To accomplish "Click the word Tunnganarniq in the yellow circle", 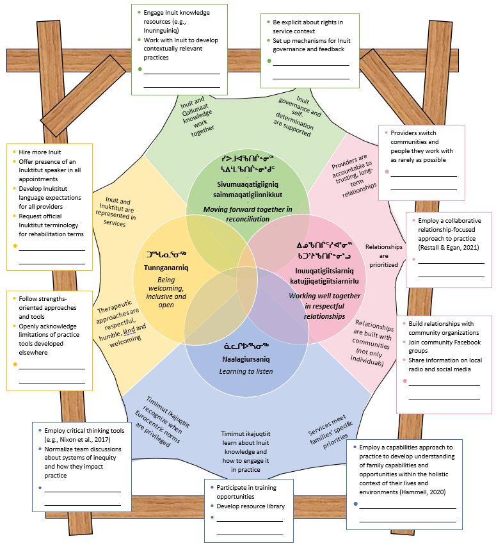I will (161, 270).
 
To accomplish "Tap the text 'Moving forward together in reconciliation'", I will (244, 214).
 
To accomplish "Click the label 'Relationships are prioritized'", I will (384, 255).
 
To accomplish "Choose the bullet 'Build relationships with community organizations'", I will (441, 328).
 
